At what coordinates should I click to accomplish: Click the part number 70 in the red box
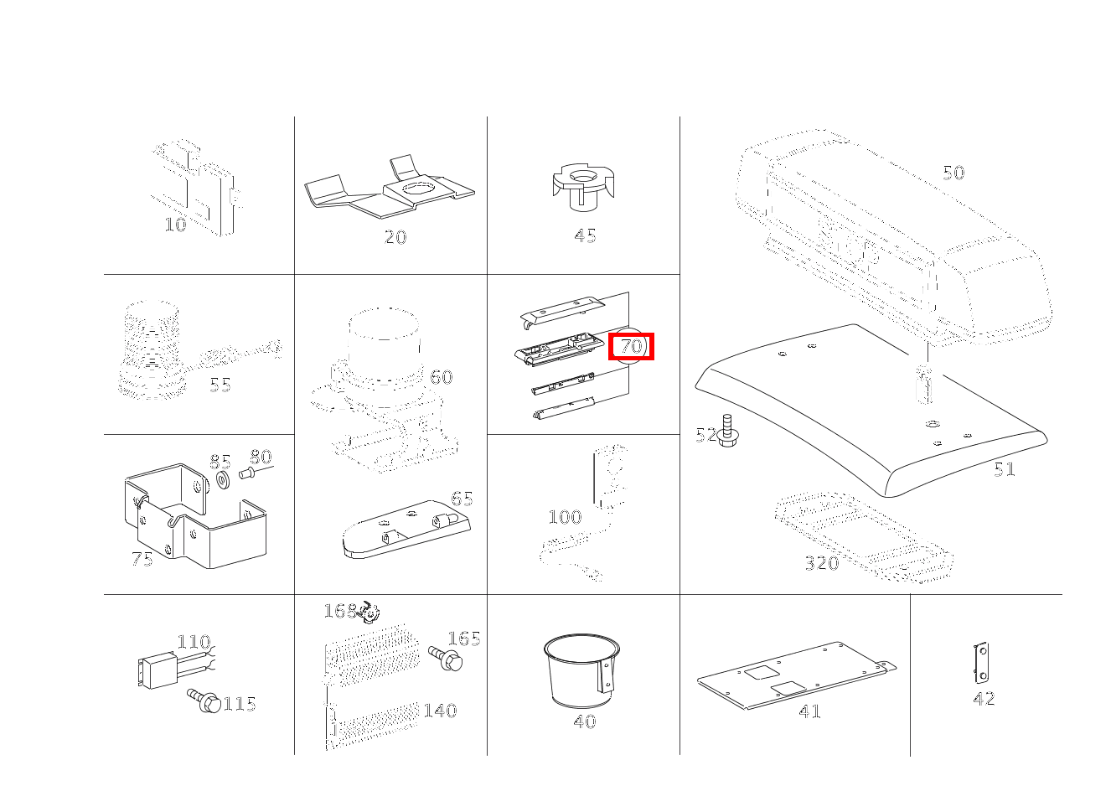[x=631, y=346]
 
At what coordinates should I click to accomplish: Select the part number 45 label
[x=585, y=235]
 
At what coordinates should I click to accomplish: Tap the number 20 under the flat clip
[x=395, y=237]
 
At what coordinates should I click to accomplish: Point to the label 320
[x=822, y=563]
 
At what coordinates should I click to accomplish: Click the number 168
[x=340, y=611]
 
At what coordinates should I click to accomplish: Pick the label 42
[x=984, y=699]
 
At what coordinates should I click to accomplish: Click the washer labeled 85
[x=223, y=479]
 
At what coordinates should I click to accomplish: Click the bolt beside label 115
[x=204, y=701]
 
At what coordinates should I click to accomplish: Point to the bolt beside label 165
[x=446, y=659]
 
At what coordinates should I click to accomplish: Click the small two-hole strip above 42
[x=981, y=663]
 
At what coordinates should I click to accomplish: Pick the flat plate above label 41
[x=796, y=675]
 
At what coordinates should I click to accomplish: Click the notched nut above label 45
[x=583, y=188]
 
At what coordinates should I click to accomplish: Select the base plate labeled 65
[x=406, y=530]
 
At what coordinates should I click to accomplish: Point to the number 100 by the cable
[x=565, y=517]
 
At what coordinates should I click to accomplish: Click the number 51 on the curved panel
[x=1005, y=469]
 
